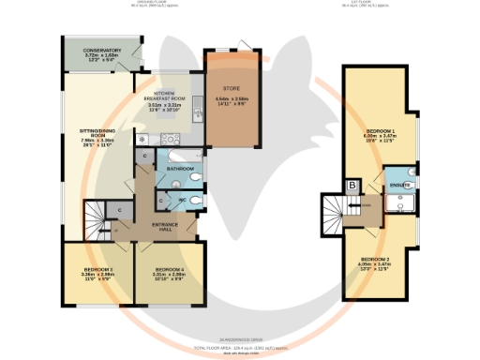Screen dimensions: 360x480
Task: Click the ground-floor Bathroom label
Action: pyautogui.click(x=179, y=168)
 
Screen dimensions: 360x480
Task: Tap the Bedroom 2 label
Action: pyautogui.click(x=374, y=260)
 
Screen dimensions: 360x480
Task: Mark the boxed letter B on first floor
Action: pyautogui.click(x=352, y=187)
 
